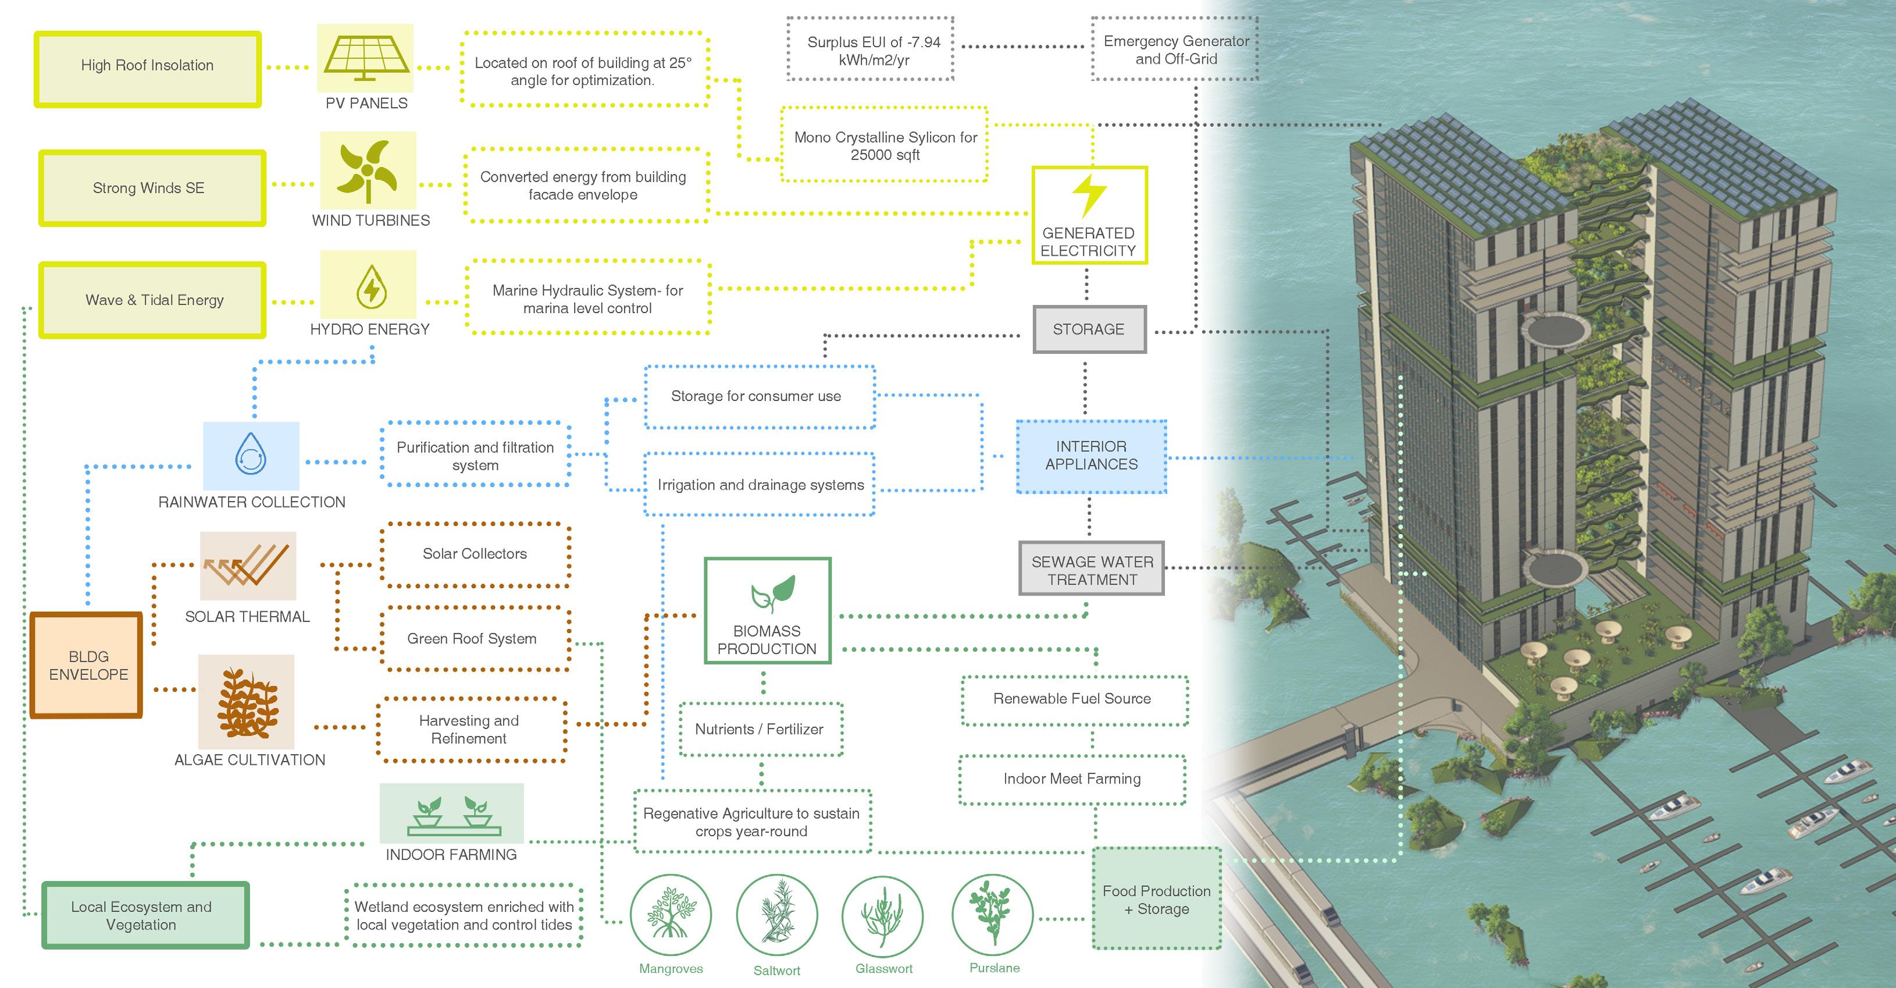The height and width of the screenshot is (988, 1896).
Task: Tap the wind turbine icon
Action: (368, 170)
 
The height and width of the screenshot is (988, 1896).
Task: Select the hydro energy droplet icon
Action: (369, 285)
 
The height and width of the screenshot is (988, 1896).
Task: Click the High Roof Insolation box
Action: (147, 69)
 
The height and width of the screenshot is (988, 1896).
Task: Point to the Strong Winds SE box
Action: (152, 188)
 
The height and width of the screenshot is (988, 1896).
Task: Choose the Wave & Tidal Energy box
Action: (153, 300)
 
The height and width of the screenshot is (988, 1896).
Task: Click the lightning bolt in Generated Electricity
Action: (1089, 195)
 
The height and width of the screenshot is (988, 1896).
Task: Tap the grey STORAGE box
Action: (1089, 329)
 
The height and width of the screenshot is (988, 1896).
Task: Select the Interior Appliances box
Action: (1091, 456)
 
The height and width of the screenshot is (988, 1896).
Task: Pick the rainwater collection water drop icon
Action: (251, 455)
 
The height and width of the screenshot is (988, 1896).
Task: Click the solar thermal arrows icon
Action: (247, 566)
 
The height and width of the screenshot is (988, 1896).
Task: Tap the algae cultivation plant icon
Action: (246, 702)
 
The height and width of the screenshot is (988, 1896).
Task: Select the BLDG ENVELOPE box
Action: (87, 665)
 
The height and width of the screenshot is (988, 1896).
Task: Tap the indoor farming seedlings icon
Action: (451, 813)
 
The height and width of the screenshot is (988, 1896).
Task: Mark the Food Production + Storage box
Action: (1156, 899)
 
